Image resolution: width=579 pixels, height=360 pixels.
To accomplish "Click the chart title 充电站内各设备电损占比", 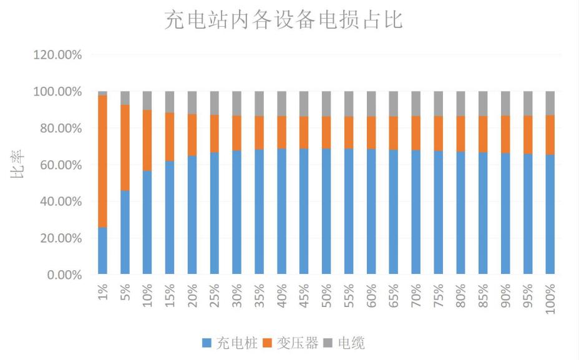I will point(283,21).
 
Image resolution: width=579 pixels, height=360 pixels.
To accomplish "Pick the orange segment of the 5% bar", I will point(125,147).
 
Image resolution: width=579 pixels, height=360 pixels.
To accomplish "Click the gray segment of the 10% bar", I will point(147,100).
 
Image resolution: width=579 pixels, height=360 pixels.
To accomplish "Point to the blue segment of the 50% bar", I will point(326,212).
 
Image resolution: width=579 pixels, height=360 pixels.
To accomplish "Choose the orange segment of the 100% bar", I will point(550,135).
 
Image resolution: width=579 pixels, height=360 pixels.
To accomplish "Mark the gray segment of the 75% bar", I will point(439,104).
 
